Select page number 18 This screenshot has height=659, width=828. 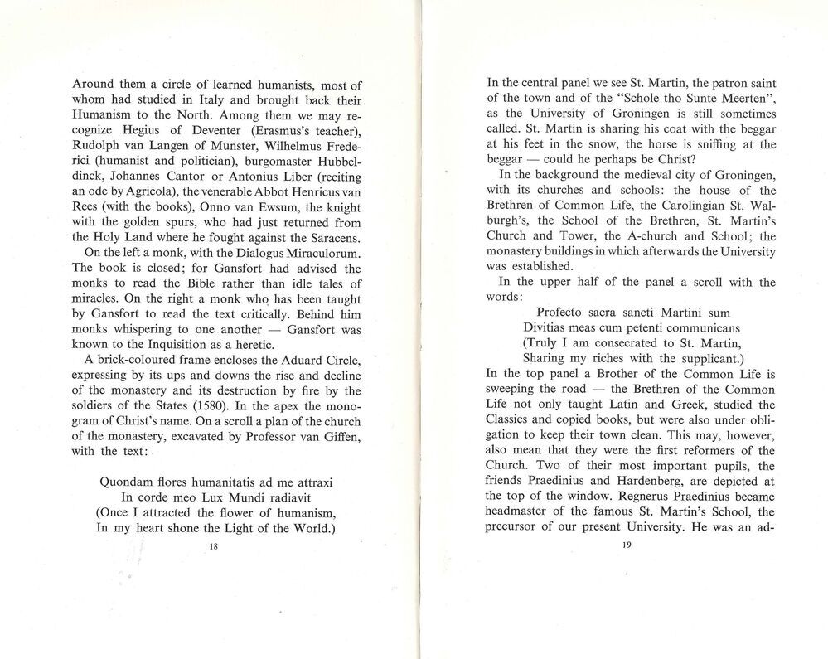pos(214,547)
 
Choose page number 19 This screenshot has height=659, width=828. pos(625,545)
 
